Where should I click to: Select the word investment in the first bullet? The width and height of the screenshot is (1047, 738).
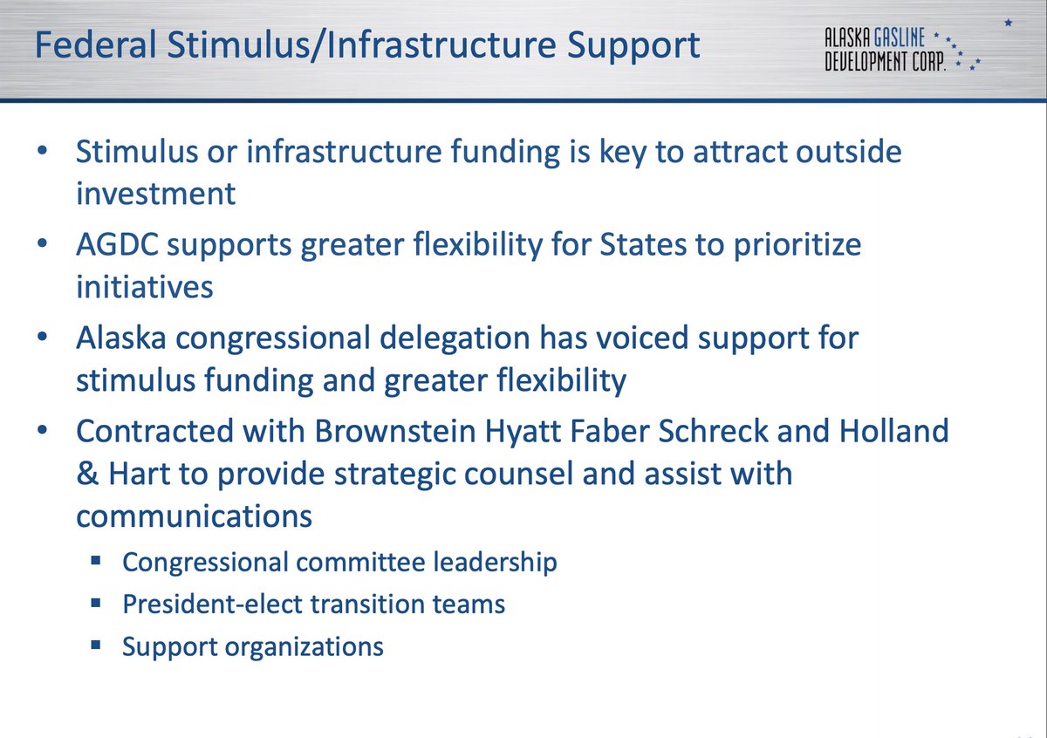pos(155,193)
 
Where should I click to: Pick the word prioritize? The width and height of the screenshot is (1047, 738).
pos(787,245)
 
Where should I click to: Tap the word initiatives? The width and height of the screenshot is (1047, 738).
pos(144,286)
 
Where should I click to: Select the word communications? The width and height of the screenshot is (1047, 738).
pos(194,516)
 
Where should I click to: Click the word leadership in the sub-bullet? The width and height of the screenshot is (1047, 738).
pos(495,562)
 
